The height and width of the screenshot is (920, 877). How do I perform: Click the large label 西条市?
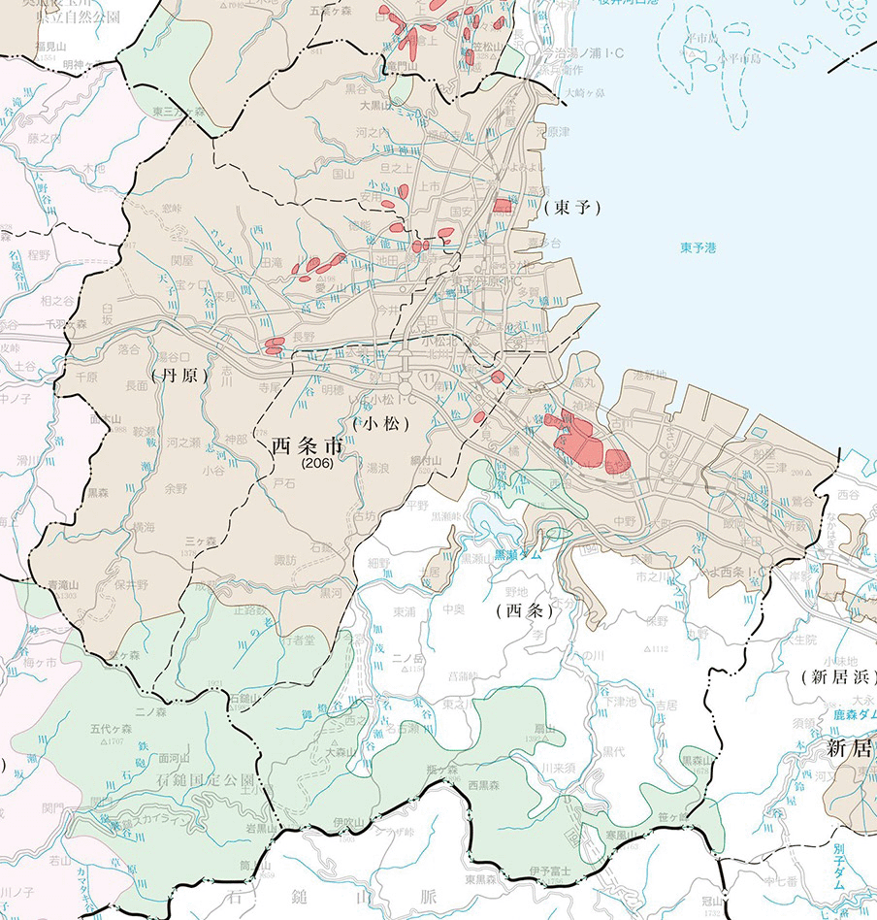307,447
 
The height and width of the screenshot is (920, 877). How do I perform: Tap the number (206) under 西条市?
316,465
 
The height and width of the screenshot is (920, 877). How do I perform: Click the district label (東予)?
572,207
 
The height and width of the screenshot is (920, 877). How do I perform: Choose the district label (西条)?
524,610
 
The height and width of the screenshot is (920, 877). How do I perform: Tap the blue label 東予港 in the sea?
698,248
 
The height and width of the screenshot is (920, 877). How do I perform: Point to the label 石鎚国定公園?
207,779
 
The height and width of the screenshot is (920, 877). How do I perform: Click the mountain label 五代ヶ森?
110,728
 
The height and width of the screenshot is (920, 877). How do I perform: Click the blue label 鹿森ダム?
844,714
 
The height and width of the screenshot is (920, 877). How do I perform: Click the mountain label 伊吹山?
348,823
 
